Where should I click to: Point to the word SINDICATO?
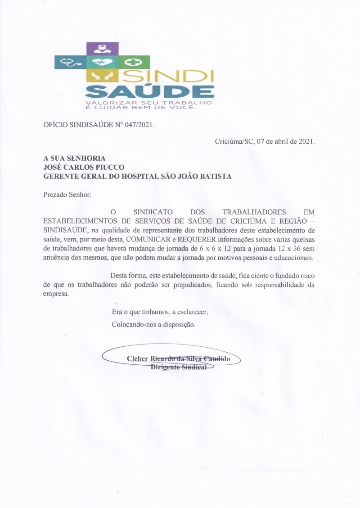[x=144, y=212]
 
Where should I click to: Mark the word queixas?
[x=303, y=238]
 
